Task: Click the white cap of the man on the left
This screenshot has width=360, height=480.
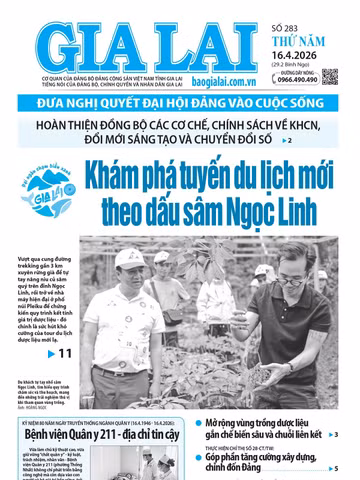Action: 127,258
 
